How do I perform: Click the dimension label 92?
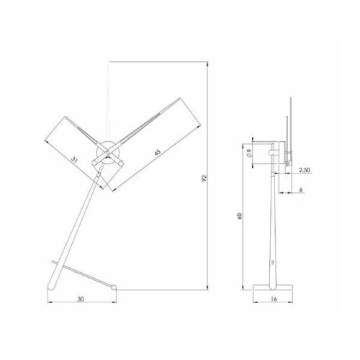[x=204, y=178]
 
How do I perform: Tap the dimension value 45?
[x=157, y=152]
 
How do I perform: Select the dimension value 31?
[x=75, y=160]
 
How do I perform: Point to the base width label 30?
[x=81, y=299]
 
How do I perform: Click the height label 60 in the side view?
[x=239, y=216]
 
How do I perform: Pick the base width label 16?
[x=274, y=299]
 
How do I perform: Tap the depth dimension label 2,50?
[x=305, y=170]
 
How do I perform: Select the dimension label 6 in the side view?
[x=301, y=190]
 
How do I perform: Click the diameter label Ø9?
[x=249, y=153]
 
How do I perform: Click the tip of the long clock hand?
[x=179, y=98]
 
